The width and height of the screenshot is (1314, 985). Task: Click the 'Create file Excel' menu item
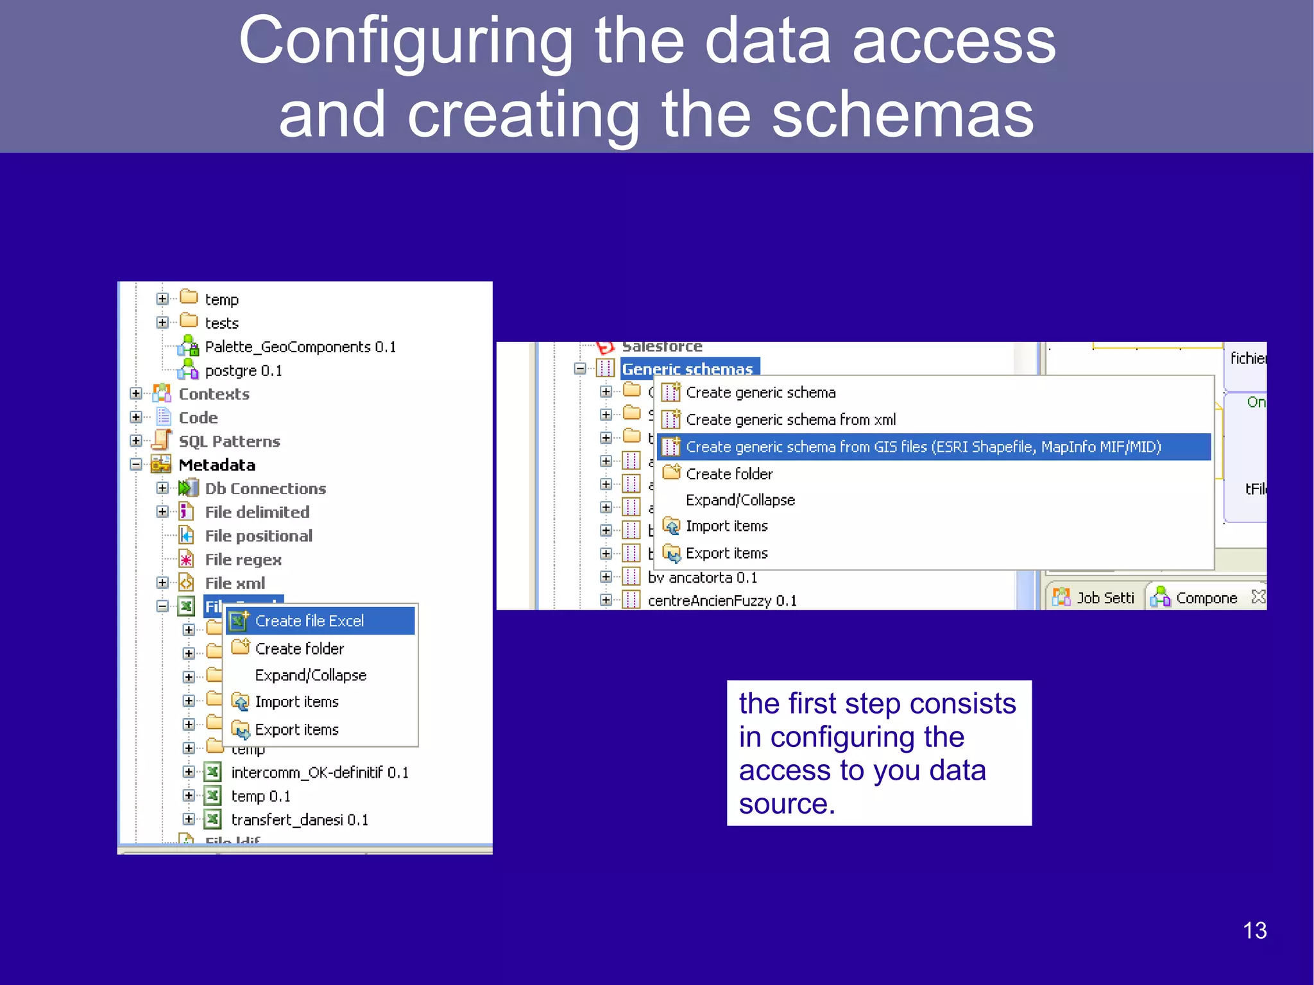pyautogui.click(x=309, y=621)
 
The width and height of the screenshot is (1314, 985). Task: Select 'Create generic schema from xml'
pyautogui.click(x=790, y=420)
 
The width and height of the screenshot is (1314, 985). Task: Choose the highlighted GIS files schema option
pyautogui.click(x=923, y=447)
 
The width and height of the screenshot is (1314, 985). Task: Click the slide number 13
pyautogui.click(x=1254, y=930)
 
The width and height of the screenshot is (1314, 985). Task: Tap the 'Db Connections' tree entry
pyautogui.click(x=265, y=489)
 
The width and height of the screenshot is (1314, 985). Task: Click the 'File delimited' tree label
pyautogui.click(x=257, y=513)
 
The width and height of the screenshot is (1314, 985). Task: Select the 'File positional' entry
pyautogui.click(x=259, y=536)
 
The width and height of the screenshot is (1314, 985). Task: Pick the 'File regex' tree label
pyautogui.click(x=243, y=560)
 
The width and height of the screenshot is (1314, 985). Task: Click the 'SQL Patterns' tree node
pyautogui.click(x=229, y=441)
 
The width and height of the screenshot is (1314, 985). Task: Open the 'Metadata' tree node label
pyautogui.click(x=217, y=465)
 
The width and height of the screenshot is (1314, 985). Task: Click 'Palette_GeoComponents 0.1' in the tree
pyautogui.click(x=300, y=347)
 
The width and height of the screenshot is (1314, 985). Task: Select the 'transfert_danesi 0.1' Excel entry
pyautogui.click(x=300, y=820)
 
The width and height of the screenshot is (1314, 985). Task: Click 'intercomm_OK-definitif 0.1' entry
pyautogui.click(x=320, y=773)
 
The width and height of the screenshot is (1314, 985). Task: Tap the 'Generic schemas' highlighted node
pyautogui.click(x=687, y=369)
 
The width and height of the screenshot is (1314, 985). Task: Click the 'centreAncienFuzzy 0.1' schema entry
pyautogui.click(x=722, y=601)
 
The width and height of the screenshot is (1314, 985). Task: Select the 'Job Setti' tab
pyautogui.click(x=1104, y=598)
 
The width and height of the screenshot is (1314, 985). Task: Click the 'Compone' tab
pyautogui.click(x=1206, y=598)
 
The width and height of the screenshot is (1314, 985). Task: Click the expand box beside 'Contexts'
pyautogui.click(x=136, y=393)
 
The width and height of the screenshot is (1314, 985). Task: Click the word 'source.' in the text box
pyautogui.click(x=787, y=803)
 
